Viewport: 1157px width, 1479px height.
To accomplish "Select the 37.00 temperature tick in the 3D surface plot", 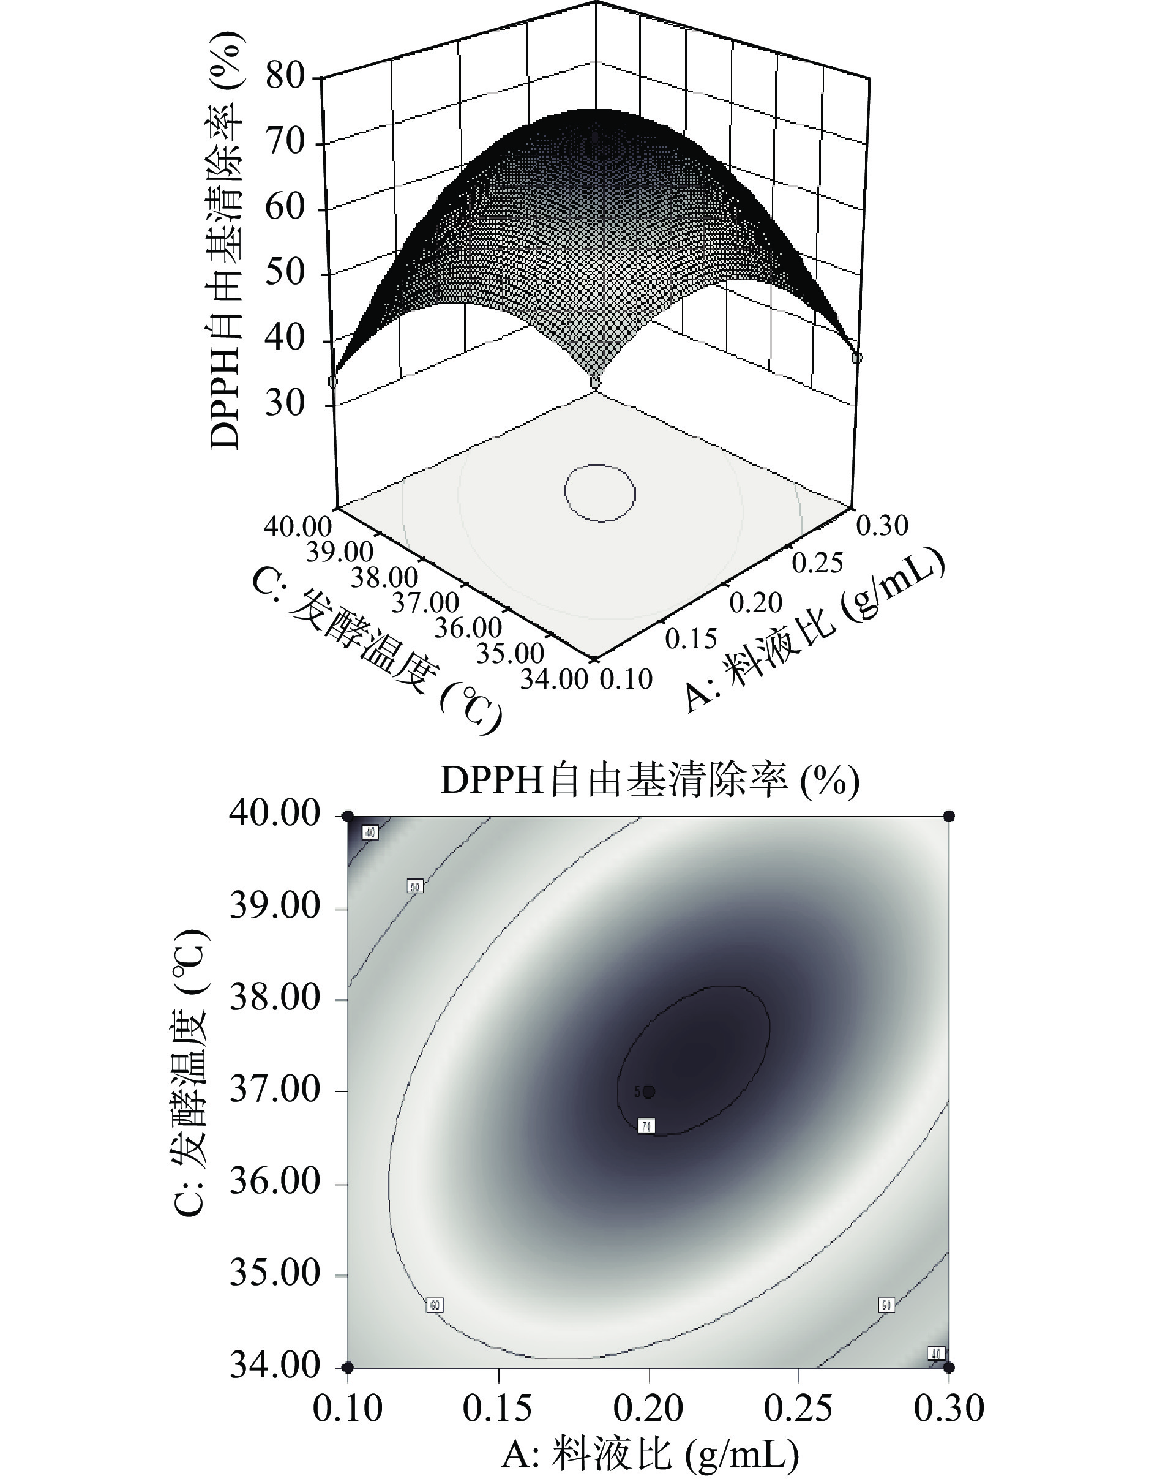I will (425, 602).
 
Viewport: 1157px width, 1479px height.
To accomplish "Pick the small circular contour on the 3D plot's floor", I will (599, 493).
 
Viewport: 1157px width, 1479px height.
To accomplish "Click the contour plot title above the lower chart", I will (650, 782).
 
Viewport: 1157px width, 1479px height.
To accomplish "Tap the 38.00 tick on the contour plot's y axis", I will (274, 999).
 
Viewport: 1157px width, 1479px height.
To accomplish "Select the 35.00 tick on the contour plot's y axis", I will (274, 1274).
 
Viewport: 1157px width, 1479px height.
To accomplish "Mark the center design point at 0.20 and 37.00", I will (649, 1091).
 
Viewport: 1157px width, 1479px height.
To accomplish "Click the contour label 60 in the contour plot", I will (434, 1306).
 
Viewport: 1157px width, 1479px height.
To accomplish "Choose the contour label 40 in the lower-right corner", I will (937, 1354).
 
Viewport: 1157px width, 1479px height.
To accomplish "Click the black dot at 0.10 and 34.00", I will (348, 1366).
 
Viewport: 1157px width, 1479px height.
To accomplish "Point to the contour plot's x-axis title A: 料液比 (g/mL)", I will (650, 1453).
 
